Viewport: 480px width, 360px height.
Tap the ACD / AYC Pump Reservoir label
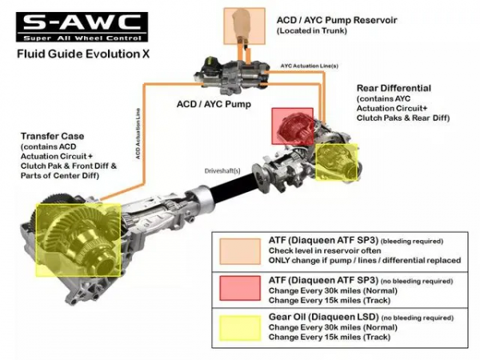coord(338,18)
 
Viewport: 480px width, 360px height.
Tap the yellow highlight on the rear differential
coord(338,162)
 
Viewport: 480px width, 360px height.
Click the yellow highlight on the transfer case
coord(76,238)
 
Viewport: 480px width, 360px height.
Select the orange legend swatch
coord(240,250)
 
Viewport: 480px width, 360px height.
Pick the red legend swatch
coord(240,287)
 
